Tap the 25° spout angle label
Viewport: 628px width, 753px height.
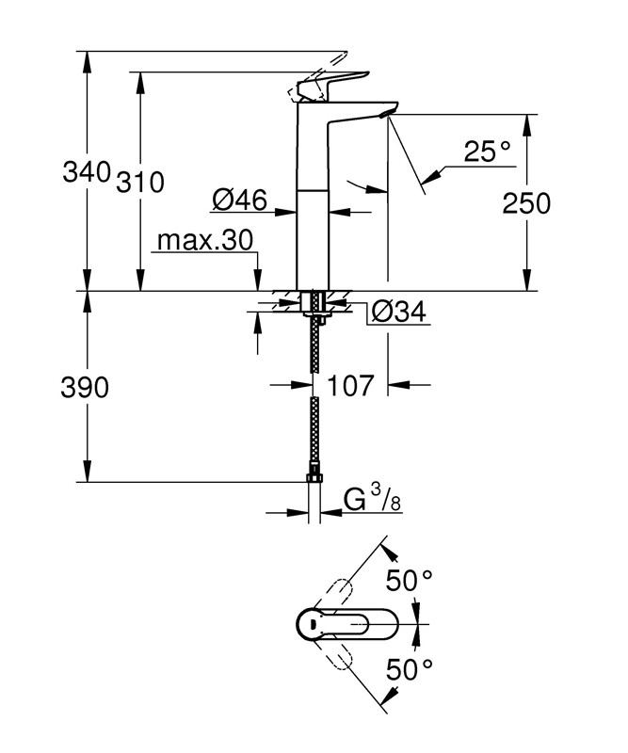(487, 152)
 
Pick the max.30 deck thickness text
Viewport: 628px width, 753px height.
(205, 241)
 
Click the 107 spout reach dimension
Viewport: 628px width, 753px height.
(352, 384)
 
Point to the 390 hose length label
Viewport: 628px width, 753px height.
(83, 387)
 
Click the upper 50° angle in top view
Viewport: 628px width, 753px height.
(408, 581)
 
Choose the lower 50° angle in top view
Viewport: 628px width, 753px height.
(408, 669)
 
